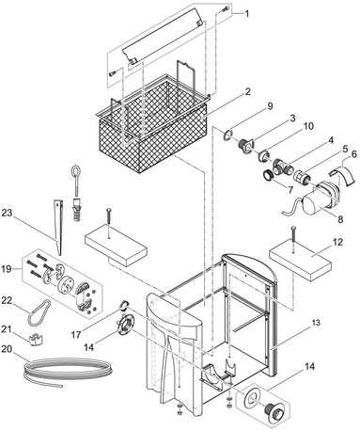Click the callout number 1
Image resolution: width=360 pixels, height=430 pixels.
click(x=247, y=14)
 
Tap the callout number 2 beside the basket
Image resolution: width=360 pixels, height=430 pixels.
click(x=248, y=92)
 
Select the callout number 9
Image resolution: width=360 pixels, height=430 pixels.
click(x=271, y=106)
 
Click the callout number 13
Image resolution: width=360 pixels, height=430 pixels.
click(x=317, y=323)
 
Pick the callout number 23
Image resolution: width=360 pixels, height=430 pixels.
click(x=7, y=213)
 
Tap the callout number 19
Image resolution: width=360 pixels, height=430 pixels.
click(x=7, y=269)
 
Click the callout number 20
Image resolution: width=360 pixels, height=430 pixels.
click(x=7, y=349)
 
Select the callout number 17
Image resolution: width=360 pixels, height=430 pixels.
click(x=76, y=335)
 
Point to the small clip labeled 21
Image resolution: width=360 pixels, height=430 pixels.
click(x=36, y=340)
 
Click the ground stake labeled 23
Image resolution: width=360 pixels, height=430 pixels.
click(x=59, y=226)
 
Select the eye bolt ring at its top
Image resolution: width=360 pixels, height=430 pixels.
click(x=75, y=173)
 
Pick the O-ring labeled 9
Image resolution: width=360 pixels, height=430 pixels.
click(x=227, y=135)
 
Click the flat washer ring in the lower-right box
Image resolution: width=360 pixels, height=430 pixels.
click(x=250, y=399)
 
